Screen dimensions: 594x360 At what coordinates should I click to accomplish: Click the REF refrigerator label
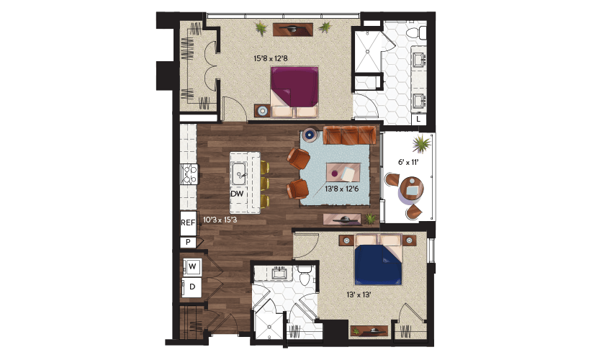pyautogui.click(x=188, y=222)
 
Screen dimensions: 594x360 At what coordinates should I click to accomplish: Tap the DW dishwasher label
pyautogui.click(x=237, y=194)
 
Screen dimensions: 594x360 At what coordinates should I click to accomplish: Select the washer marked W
pyautogui.click(x=192, y=266)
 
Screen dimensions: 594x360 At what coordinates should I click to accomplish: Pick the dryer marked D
pyautogui.click(x=192, y=287)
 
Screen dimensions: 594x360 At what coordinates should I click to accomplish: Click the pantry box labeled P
pyautogui.click(x=188, y=242)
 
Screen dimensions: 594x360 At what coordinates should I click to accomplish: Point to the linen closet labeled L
pyautogui.click(x=418, y=119)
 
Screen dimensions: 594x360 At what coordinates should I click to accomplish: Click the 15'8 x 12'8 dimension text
pyautogui.click(x=271, y=59)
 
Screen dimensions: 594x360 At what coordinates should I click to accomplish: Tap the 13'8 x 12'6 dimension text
pyautogui.click(x=342, y=189)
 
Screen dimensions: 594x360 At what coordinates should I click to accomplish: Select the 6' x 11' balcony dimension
pyautogui.click(x=408, y=162)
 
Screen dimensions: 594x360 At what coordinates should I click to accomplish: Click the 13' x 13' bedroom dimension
pyautogui.click(x=359, y=294)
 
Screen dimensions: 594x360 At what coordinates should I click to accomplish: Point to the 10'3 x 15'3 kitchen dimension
pyautogui.click(x=220, y=220)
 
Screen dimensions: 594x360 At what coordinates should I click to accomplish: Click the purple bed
pyautogui.click(x=294, y=91)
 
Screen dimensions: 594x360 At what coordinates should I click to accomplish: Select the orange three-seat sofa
pyautogui.click(x=349, y=135)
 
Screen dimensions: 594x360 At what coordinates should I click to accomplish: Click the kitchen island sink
pyautogui.click(x=240, y=174)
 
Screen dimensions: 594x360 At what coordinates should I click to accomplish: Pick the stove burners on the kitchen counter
pyautogui.click(x=189, y=174)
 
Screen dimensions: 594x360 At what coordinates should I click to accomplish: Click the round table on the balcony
pyautogui.click(x=412, y=188)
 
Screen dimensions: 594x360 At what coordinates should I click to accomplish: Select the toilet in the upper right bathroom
pyautogui.click(x=416, y=32)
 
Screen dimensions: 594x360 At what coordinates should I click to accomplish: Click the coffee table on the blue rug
pyautogui.click(x=343, y=172)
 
